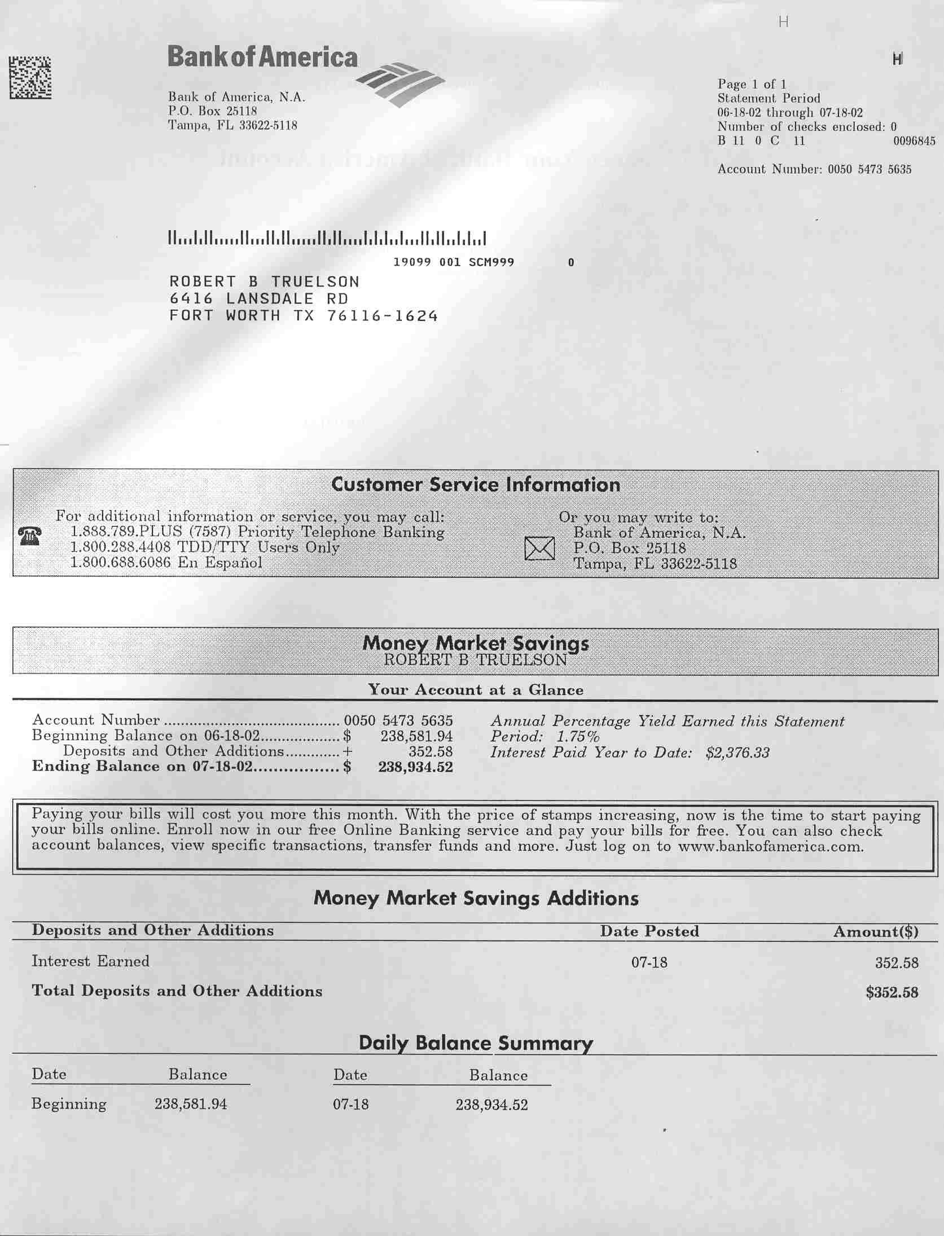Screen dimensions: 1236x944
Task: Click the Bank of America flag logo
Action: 400,83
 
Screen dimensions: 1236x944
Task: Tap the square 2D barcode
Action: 30,78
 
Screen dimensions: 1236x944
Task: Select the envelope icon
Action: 539,548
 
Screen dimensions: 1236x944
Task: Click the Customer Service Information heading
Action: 475,485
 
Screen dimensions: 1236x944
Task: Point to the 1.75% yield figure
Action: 578,737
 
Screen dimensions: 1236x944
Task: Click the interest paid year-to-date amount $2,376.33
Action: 737,753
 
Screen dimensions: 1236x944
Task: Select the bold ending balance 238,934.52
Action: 415,767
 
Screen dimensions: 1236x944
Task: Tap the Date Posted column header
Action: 649,931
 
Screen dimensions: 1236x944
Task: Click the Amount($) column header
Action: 876,932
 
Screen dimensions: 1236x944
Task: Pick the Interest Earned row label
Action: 90,961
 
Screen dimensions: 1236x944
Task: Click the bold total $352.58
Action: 892,992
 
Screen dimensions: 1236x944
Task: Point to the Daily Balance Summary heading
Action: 476,1043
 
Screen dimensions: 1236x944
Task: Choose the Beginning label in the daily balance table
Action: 69,1104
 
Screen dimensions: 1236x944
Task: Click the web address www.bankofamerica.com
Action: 770,847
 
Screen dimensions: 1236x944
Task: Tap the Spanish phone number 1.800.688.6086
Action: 120,562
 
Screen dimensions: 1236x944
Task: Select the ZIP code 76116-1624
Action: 382,316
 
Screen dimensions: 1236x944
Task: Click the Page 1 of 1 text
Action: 752,85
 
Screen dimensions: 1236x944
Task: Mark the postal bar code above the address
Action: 327,239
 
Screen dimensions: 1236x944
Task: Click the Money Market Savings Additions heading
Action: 476,898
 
